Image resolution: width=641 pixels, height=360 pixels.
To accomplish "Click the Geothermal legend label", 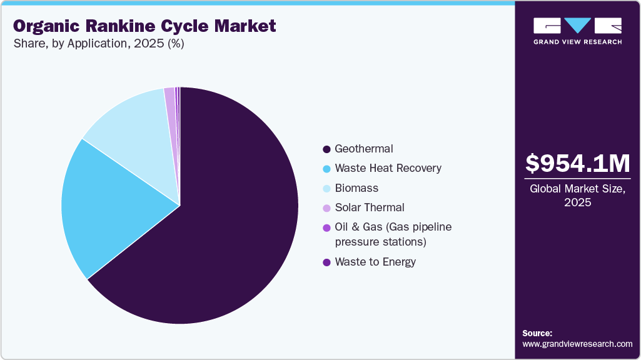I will tap(363, 149).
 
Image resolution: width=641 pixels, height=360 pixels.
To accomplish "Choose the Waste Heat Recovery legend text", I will tap(388, 168).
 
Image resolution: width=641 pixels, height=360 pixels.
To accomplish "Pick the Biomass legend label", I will tap(356, 187).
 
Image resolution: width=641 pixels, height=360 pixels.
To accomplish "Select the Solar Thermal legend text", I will tap(369, 207).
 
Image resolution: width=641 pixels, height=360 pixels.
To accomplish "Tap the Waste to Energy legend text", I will tap(375, 262).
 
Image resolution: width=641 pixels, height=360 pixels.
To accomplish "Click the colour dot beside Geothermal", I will tap(326, 149).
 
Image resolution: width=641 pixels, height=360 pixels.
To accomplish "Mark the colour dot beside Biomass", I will tap(326, 188).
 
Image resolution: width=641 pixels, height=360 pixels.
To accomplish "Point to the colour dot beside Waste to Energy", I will tap(326, 262).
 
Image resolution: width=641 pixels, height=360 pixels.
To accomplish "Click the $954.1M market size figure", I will tap(577, 163).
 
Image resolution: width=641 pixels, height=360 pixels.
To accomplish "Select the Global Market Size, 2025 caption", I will tap(577, 195).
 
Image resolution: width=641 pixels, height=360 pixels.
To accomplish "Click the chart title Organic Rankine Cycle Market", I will tap(144, 26).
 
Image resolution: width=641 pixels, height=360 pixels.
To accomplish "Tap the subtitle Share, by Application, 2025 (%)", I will tap(98, 44).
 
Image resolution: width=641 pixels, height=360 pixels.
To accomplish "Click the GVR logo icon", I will tap(577, 26).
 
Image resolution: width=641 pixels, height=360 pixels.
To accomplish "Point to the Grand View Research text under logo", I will tap(577, 42).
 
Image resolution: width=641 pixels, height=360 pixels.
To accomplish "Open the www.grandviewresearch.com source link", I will tap(577, 344).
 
